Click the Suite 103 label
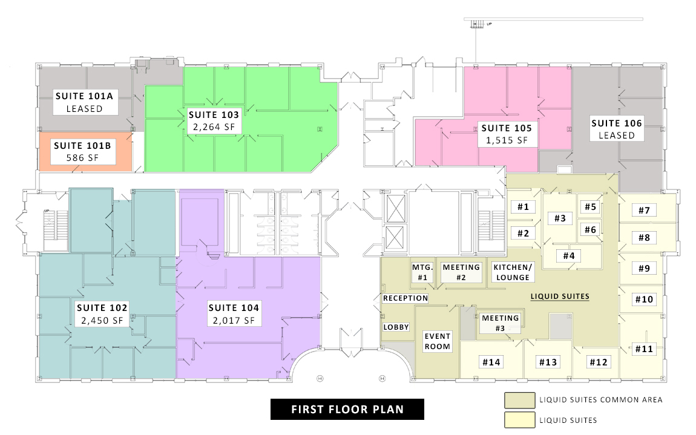tap(214, 114)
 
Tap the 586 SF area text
tap(82, 157)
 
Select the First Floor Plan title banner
tap(347, 409)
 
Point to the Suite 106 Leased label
tap(617, 129)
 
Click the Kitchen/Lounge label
tap(513, 272)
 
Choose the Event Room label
tap(437, 341)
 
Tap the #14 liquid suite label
tap(491, 362)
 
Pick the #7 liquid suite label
tap(644, 211)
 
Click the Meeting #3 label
tap(501, 323)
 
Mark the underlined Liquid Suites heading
tap(560, 296)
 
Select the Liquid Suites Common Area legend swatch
tap(519, 400)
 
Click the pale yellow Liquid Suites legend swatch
tap(519, 420)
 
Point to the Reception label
tap(405, 298)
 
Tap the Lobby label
tap(396, 327)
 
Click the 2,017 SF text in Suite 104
tap(234, 320)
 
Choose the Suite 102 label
tap(102, 307)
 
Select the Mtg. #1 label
tap(422, 272)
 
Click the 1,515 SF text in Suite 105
tap(507, 140)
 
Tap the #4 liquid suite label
tap(569, 256)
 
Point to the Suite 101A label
tap(84, 96)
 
